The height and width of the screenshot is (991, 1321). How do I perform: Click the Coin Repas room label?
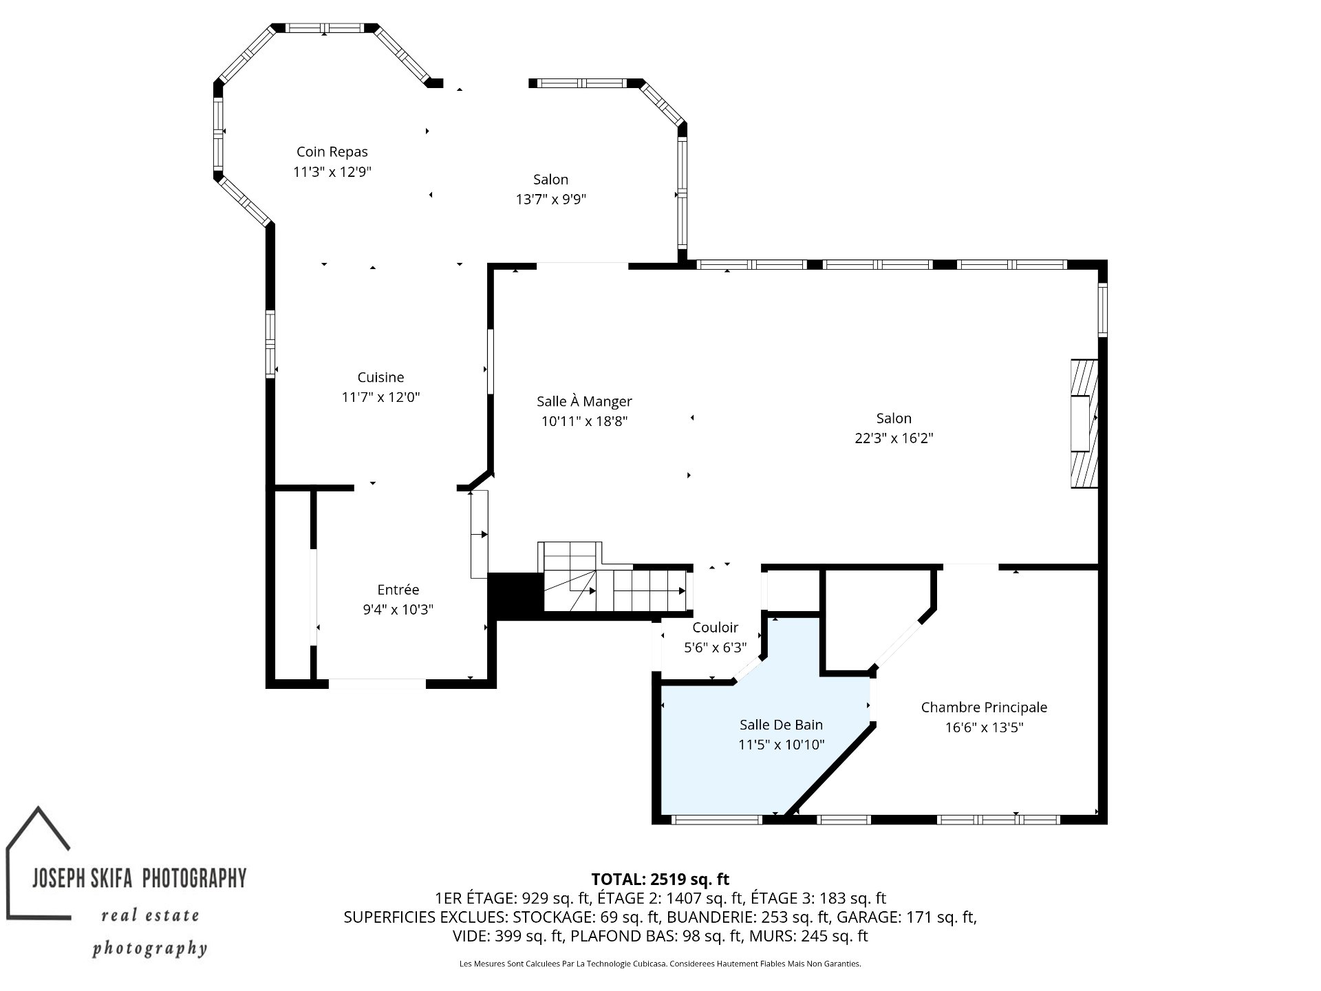pyautogui.click(x=332, y=152)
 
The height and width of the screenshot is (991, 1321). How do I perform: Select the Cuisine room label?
pyautogui.click(x=380, y=377)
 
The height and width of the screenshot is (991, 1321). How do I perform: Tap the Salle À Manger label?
pyautogui.click(x=584, y=401)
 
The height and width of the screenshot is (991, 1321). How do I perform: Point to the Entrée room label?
pyautogui.click(x=398, y=590)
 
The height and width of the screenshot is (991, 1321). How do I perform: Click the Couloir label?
pyautogui.click(x=715, y=628)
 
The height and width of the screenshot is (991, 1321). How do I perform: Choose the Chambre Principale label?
pyautogui.click(x=984, y=707)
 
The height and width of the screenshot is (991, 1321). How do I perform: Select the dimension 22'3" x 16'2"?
pyautogui.click(x=894, y=438)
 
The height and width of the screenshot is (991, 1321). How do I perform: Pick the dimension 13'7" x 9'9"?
pyautogui.click(x=550, y=200)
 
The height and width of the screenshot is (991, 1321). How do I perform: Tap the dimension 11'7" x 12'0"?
pyautogui.click(x=380, y=397)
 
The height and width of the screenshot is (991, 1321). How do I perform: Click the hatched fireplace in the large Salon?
pyautogui.click(x=1084, y=423)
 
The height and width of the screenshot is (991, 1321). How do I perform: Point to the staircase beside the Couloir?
pyautogui.click(x=612, y=578)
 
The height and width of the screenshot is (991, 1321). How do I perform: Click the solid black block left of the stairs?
pyautogui.click(x=515, y=596)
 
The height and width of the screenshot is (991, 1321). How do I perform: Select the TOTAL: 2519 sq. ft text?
pyautogui.click(x=660, y=879)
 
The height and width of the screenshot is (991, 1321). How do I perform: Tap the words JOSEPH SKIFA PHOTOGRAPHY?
pyautogui.click(x=140, y=878)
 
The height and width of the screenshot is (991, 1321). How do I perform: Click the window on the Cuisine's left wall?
pyautogui.click(x=270, y=344)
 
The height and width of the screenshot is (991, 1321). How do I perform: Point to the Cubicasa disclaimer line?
pyautogui.click(x=660, y=964)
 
